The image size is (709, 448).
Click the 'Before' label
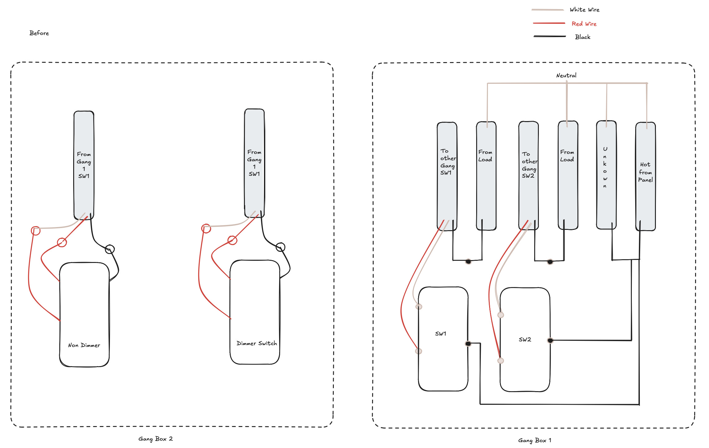[39, 33]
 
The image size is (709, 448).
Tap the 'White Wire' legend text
[585, 10]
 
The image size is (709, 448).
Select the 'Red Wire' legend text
[584, 24]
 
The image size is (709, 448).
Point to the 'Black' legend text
[583, 37]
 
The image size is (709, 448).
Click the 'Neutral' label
[566, 75]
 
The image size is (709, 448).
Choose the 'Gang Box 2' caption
[156, 439]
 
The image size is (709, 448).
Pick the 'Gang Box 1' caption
[535, 440]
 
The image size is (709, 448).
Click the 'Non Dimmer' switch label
[84, 345]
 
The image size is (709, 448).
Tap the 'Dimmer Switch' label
[257, 343]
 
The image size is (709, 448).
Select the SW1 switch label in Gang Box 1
[441, 334]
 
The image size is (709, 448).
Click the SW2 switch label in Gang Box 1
[525, 340]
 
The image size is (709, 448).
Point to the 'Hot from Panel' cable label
[645, 172]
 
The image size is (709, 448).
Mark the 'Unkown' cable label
[605, 167]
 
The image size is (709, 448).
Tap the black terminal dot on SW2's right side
[550, 340]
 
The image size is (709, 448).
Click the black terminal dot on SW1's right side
[468, 344]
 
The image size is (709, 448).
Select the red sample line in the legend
[549, 23]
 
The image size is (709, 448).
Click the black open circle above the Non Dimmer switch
[110, 249]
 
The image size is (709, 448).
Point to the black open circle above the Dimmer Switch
[280, 247]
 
